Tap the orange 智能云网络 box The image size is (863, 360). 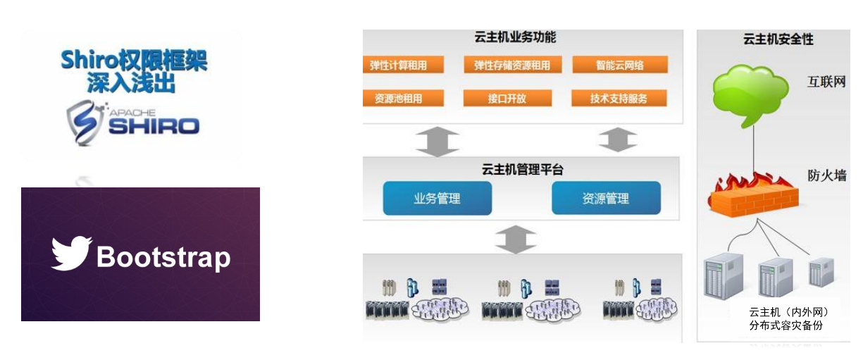pos(619,66)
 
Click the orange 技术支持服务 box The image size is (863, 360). pos(619,99)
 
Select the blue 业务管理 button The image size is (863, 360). pos(437,198)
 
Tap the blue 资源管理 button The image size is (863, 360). pos(606,198)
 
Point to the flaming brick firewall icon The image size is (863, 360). pos(753,193)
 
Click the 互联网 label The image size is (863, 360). pos(826,82)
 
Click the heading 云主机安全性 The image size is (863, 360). pos(778,39)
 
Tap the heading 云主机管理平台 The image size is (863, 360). pos(522,169)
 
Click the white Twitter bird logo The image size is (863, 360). pos(71,254)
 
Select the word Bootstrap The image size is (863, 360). pos(163,257)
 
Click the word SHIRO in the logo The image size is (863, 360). pos(153,126)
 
